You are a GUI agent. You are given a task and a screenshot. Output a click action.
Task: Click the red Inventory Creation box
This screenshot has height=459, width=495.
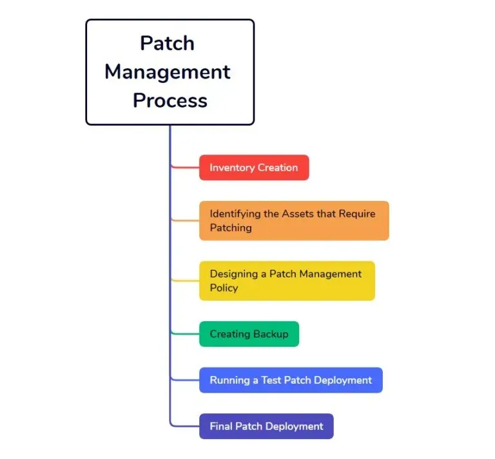254,167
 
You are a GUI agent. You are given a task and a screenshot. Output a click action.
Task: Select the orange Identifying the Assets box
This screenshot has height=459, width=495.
294,221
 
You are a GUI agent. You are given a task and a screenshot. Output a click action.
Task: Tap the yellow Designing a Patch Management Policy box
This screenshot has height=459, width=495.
287,281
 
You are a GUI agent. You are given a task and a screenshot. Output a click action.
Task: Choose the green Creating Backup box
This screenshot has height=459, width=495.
249,334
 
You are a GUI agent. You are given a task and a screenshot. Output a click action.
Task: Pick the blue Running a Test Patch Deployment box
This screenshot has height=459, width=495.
291,380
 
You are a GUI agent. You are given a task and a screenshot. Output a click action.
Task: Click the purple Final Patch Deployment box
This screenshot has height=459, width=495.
266,426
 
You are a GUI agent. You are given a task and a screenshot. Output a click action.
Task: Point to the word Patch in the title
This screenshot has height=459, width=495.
167,43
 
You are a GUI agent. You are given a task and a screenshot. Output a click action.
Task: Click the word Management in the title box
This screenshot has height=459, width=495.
168,71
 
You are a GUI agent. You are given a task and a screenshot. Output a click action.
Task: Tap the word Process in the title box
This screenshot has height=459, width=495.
170,100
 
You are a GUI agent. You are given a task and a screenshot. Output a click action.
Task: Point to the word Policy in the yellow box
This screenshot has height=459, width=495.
224,288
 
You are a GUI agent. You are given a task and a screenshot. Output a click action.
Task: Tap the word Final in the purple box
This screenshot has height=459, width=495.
220,426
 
